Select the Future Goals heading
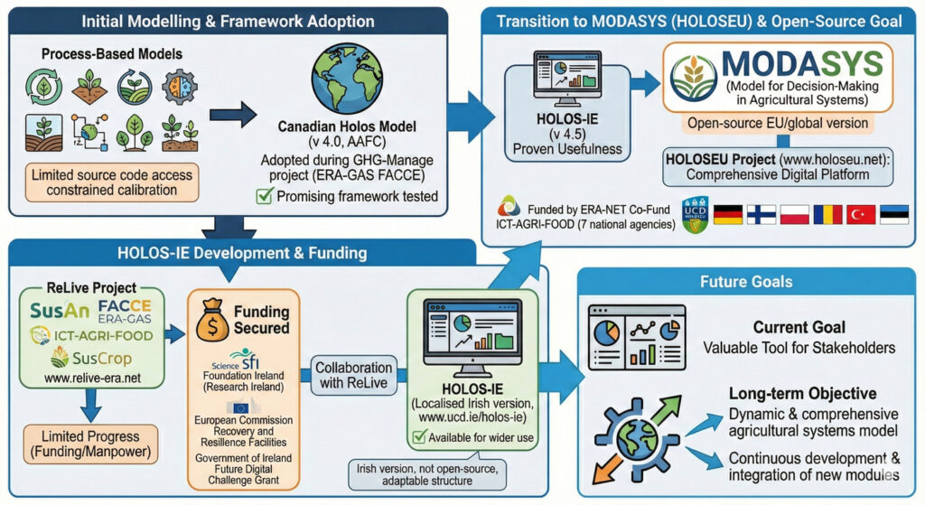click(745, 281)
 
